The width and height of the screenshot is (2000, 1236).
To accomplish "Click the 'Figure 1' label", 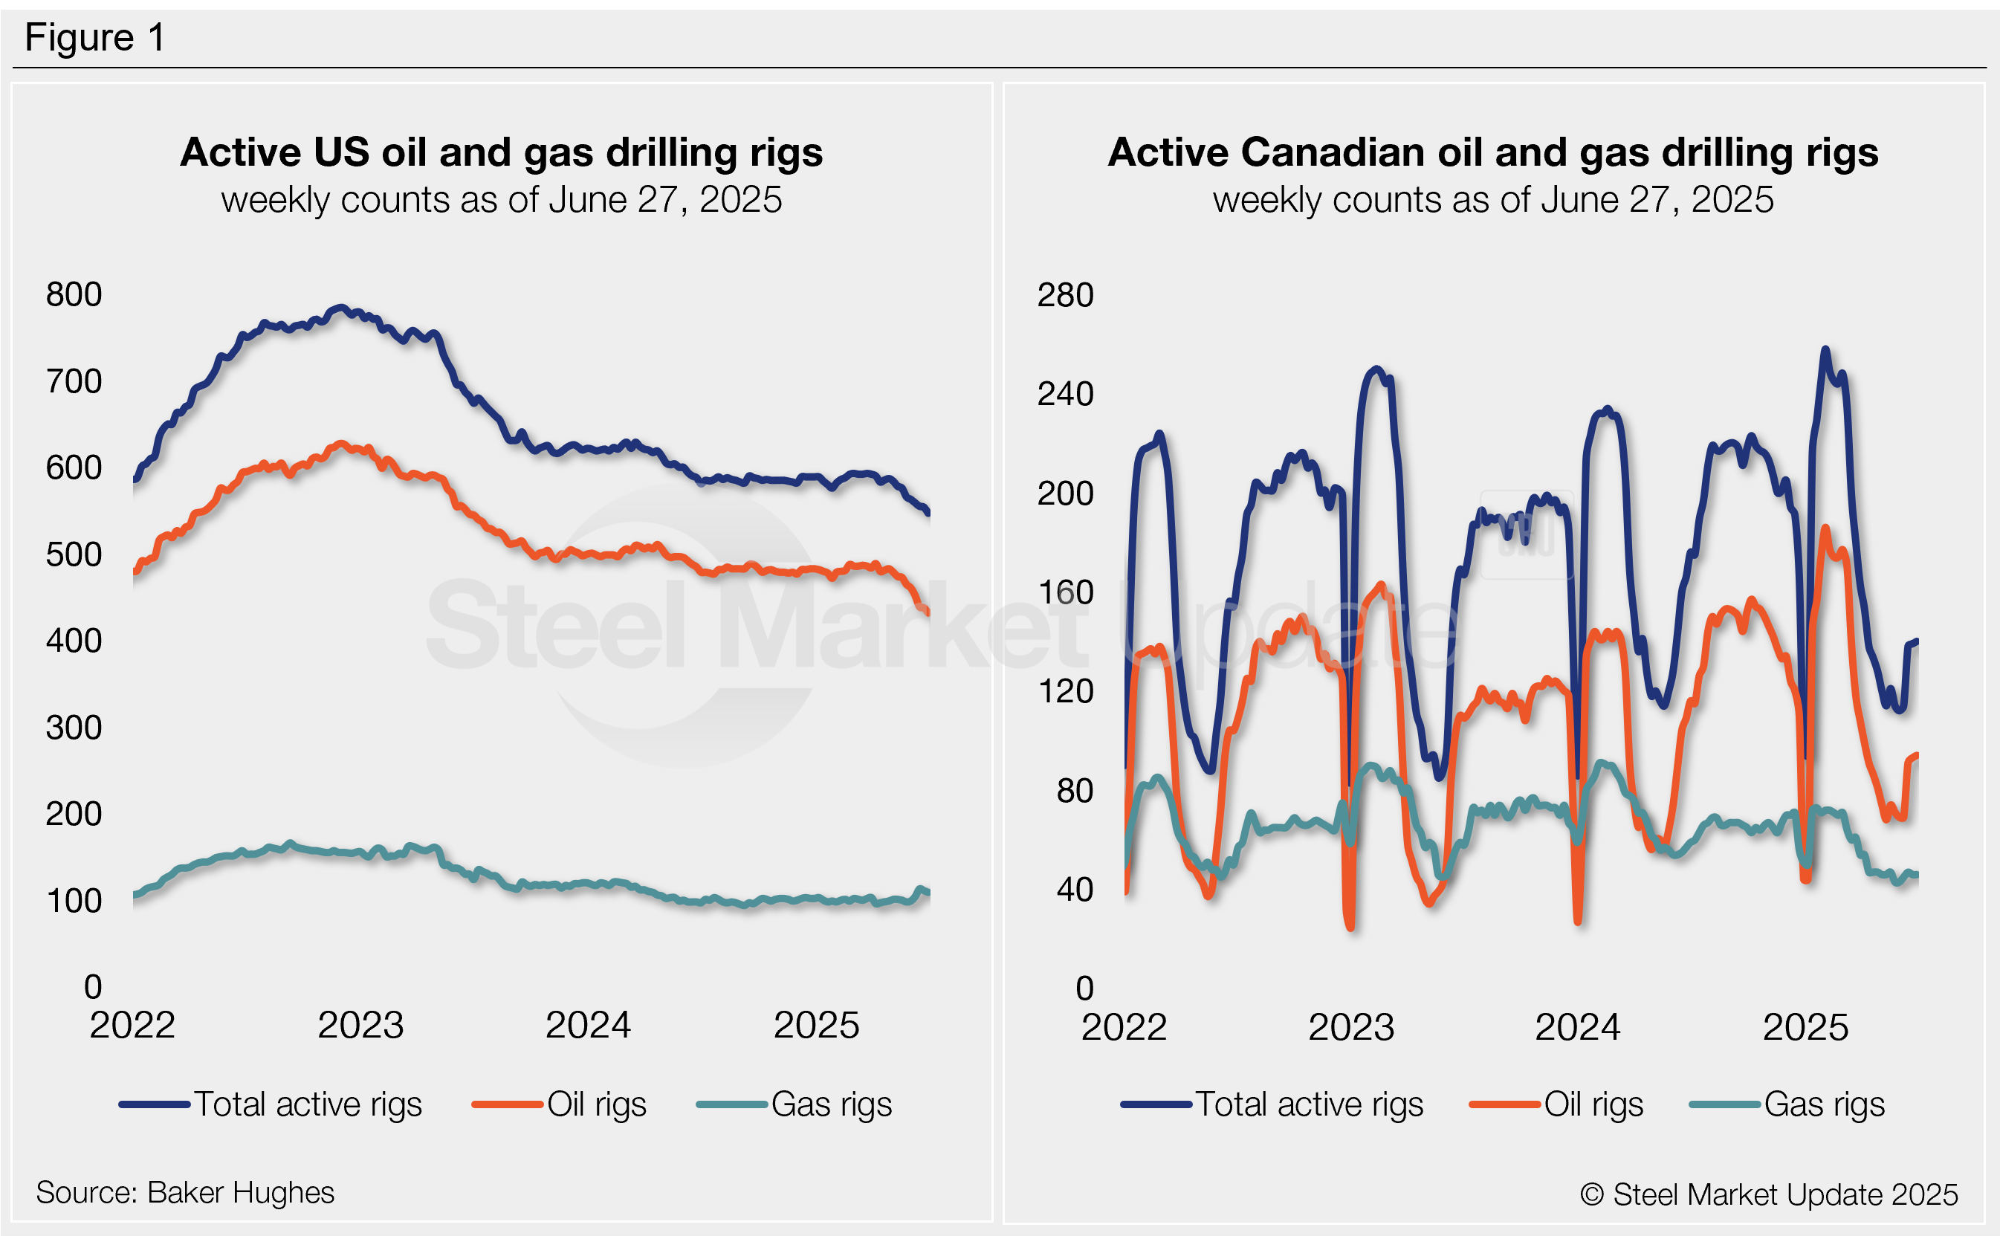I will [95, 38].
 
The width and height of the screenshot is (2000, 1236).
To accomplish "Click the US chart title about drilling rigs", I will [501, 153].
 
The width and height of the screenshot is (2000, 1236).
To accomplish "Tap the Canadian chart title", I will [1492, 153].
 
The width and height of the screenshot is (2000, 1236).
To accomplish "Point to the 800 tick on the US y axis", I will [74, 294].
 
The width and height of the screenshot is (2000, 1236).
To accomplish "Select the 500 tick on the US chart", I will [74, 554].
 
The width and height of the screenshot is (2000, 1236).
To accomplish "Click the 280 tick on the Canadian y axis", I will [1064, 295].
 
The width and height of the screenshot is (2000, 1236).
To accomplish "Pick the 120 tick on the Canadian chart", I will [1064, 691].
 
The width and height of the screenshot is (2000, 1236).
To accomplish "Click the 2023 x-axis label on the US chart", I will [360, 1025].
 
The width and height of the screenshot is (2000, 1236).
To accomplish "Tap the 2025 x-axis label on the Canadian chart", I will [1805, 1026].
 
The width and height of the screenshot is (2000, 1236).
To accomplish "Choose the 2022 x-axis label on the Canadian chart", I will [1124, 1026].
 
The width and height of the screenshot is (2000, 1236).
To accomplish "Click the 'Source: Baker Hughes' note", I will [185, 1193].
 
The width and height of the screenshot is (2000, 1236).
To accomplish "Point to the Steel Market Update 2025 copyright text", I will [1769, 1194].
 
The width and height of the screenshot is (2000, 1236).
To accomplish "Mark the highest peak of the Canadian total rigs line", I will [1825, 350].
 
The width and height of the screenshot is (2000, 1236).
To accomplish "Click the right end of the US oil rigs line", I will [927, 612].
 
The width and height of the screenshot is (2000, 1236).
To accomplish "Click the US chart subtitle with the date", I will [501, 200].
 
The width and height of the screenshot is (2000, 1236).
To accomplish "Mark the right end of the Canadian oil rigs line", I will [1916, 755].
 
